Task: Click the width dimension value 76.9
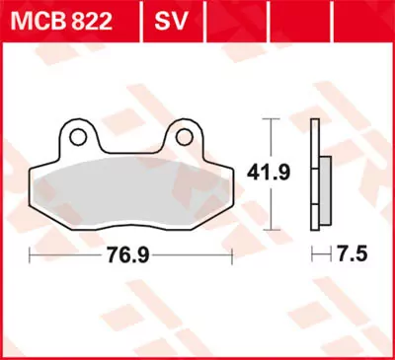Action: pos(129,253)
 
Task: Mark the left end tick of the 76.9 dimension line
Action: pos(32,253)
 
